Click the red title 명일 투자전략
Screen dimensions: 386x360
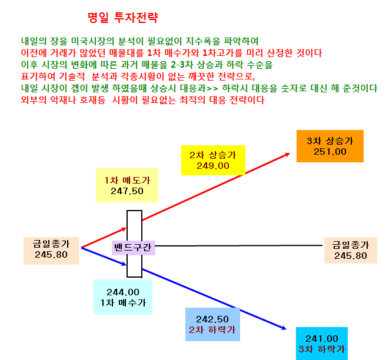[x=122, y=18]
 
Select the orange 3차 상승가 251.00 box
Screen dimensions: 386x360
[x=330, y=146]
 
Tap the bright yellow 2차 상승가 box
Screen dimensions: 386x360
[x=213, y=160]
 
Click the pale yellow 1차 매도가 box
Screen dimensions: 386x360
[x=127, y=185]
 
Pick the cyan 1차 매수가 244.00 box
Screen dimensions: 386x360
[x=123, y=297]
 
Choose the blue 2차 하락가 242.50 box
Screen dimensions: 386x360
[x=212, y=324]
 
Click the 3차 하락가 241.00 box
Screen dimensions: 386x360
[x=322, y=344]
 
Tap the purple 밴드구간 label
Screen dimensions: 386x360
[x=134, y=248]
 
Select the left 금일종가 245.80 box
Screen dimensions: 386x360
[x=51, y=251]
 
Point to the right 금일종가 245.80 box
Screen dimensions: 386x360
[x=351, y=250]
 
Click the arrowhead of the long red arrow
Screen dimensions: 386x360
[x=288, y=154]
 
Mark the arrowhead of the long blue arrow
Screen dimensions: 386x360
[x=284, y=328]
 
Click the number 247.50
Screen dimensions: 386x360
[x=127, y=191]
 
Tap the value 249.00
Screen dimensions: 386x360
[x=213, y=166]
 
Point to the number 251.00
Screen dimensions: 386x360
[x=330, y=152]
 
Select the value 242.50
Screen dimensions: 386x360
[x=212, y=319]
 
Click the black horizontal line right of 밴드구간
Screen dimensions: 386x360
[x=239, y=245]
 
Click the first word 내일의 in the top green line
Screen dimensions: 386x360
[x=34, y=41]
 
